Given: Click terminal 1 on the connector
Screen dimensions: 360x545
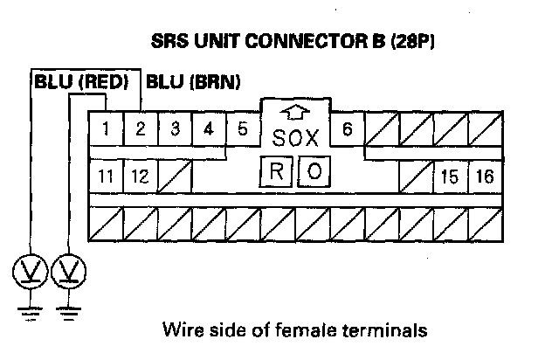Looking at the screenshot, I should [x=106, y=130].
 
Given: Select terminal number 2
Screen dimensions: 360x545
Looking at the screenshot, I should [x=140, y=130].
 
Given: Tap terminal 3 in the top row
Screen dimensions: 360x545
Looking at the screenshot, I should [x=175, y=130].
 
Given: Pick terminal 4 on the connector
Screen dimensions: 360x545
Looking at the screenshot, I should [x=209, y=130].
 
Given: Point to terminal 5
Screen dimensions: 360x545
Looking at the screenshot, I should [x=242, y=130].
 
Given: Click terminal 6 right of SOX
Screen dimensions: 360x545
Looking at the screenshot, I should [x=348, y=130].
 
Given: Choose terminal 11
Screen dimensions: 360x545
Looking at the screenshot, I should [x=106, y=176].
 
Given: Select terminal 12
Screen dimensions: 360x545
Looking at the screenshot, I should [x=140, y=176].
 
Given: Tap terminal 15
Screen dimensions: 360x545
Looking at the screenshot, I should [x=451, y=176].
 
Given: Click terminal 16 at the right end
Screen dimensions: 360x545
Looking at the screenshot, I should [x=485, y=176].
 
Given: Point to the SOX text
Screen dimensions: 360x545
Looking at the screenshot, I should [x=296, y=138].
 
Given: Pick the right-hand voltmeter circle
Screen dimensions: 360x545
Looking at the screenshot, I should [x=69, y=273].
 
